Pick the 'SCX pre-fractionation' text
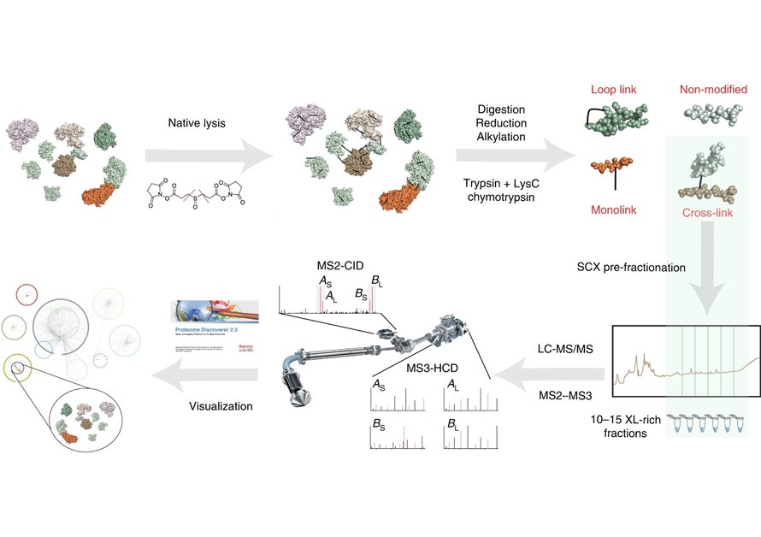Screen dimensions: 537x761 click(631, 268)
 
